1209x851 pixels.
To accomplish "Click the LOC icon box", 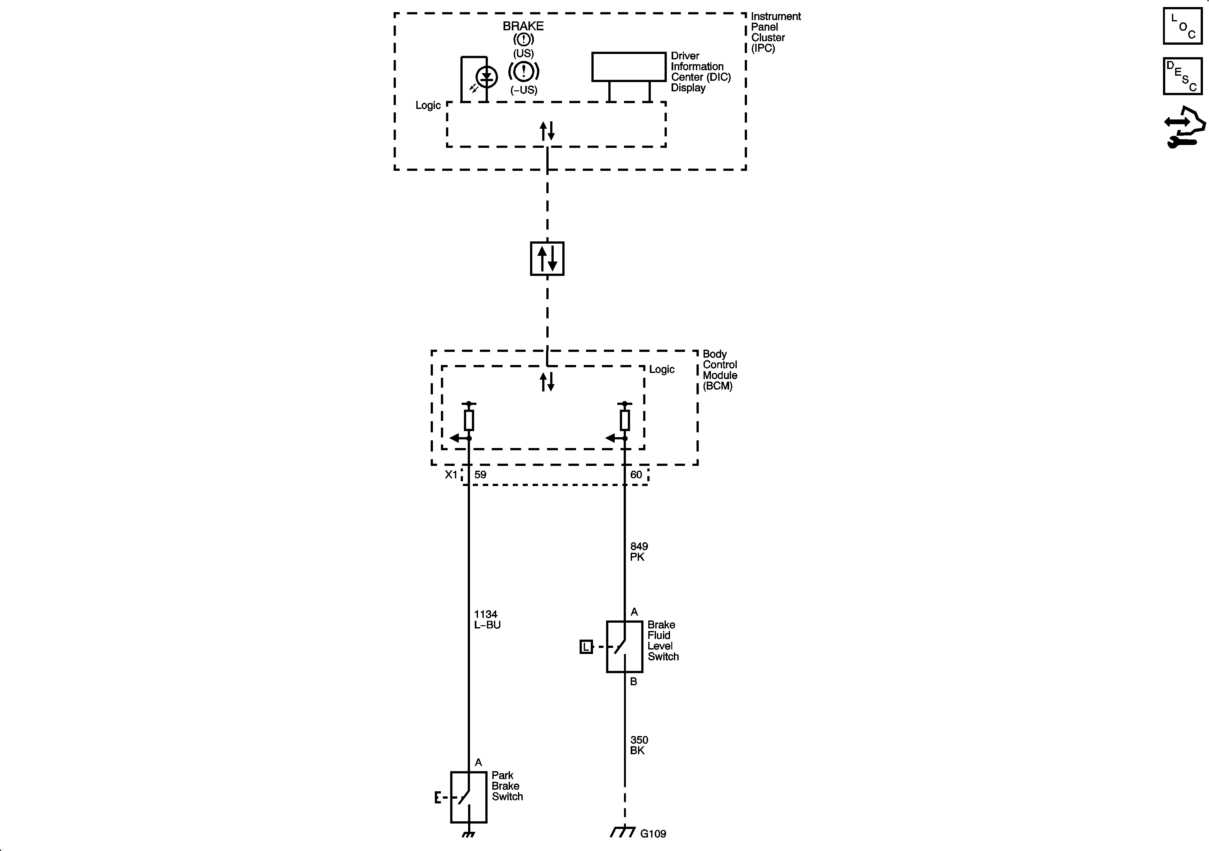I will (1182, 26).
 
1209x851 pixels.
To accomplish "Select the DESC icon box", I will (1182, 76).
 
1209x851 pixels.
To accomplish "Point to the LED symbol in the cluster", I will (487, 77).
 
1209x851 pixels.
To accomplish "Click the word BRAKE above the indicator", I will (523, 26).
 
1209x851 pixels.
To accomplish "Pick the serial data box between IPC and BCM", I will (547, 258).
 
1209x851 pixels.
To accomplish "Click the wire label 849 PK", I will (639, 551).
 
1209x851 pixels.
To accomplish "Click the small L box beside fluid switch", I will (586, 647).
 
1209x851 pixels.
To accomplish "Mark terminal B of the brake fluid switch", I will (634, 681).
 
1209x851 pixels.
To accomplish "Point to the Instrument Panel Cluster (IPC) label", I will (775, 32).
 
